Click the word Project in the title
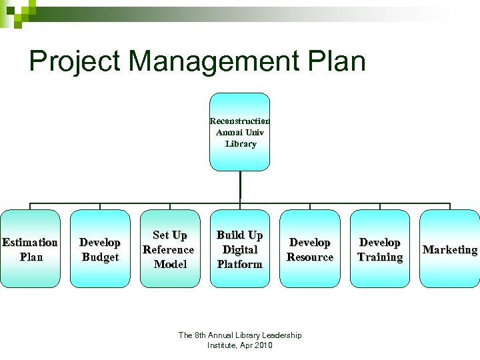tap(75, 61)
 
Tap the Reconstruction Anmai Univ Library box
tap(240, 132)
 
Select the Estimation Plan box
tap(30, 249)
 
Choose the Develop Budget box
tap(100, 249)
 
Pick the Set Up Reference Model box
tap(169, 249)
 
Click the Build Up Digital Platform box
tap(240, 249)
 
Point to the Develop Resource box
tap(309, 249)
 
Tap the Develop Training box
tap(379, 249)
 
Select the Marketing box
tap(450, 249)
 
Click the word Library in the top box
tap(241, 144)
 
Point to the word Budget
tap(100, 257)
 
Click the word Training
tap(380, 257)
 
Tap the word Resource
tap(310, 257)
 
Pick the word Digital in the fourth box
tap(240, 250)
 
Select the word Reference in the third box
tap(169, 250)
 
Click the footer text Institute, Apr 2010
tap(240, 345)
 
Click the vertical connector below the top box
tap(240, 187)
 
